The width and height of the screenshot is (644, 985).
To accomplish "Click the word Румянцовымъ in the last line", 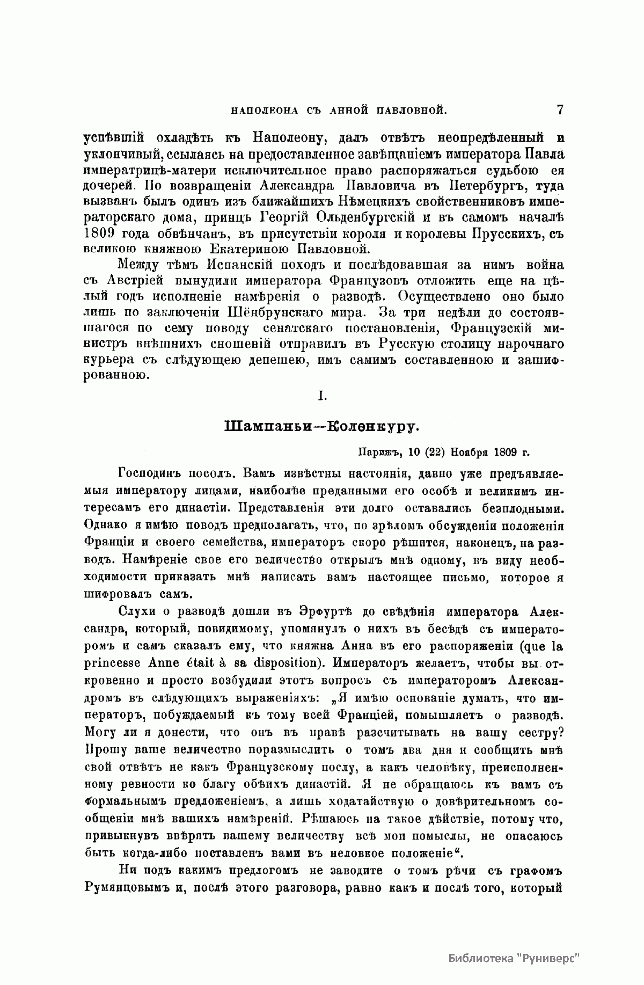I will click(x=126, y=888).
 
